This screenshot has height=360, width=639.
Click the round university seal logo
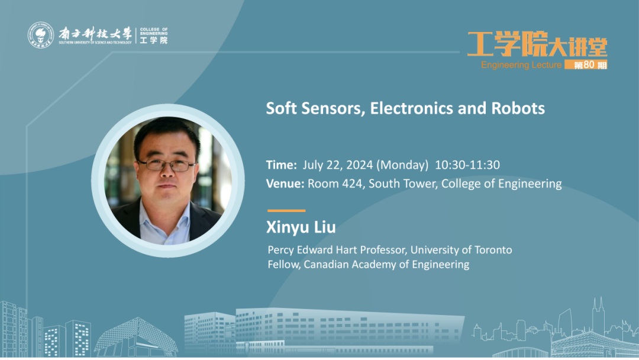pos(40,35)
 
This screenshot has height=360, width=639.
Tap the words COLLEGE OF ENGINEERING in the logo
pos(154,31)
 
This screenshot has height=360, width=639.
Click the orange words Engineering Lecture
pos(521,65)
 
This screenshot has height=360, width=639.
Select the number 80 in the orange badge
pos(589,65)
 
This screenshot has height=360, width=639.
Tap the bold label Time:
pos(282,165)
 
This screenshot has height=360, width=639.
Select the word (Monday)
pos(402,165)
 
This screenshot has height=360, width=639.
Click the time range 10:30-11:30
pos(467,165)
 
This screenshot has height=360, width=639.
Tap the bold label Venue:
pos(285,184)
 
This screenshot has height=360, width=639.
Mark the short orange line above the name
pos(286,211)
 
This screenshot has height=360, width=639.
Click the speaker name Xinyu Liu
pos(301,227)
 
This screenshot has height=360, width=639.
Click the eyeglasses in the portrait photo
pos(166,165)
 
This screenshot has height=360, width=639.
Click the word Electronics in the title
pos(411,108)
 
